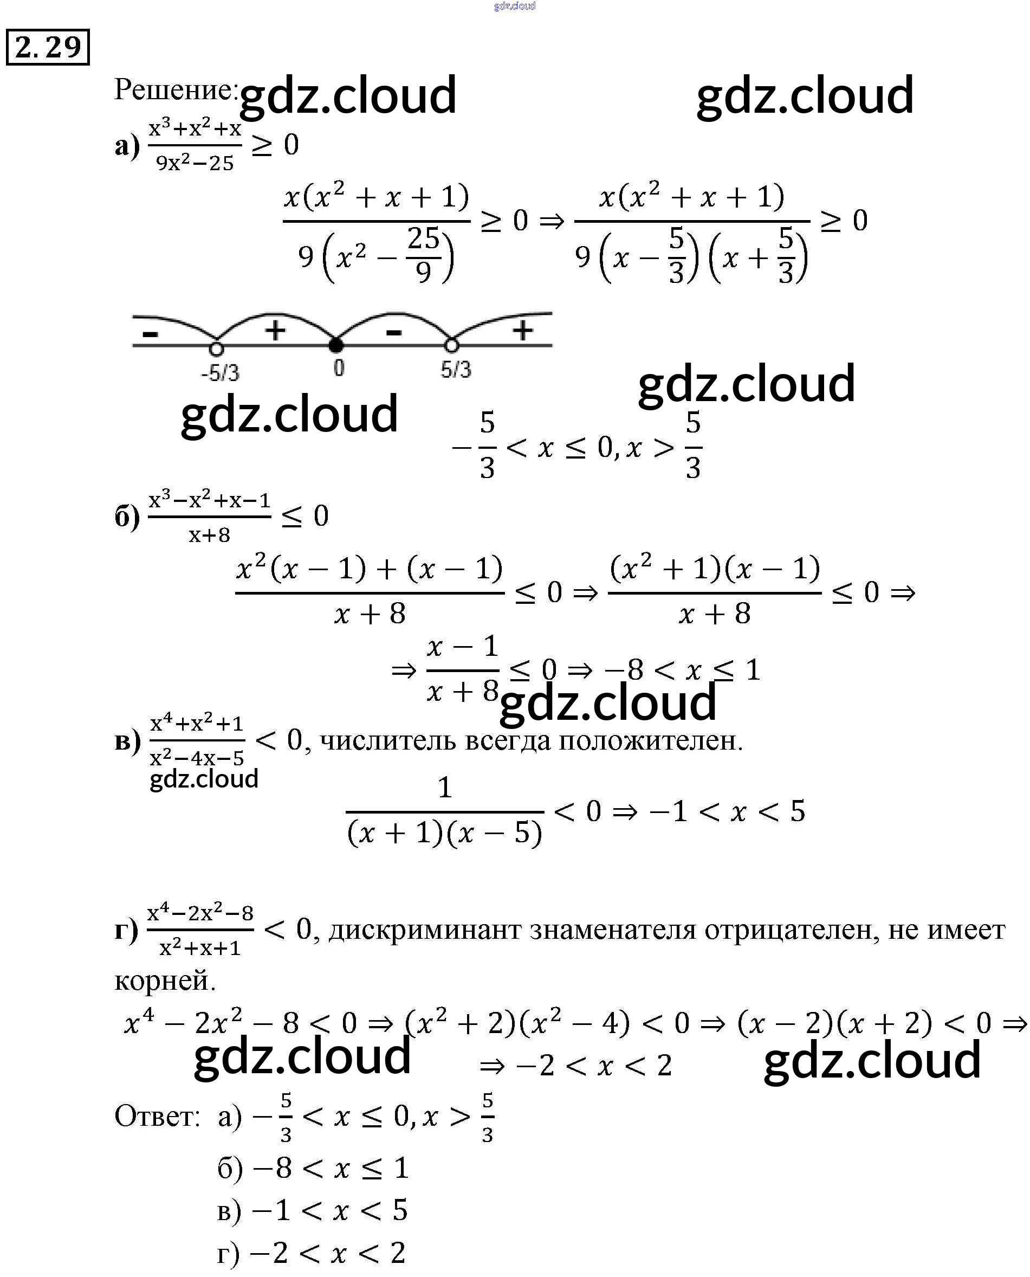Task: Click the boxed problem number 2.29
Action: [x=48, y=47]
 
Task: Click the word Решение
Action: [x=174, y=90]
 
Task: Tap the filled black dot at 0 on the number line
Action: [x=336, y=344]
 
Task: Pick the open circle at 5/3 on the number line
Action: [x=451, y=345]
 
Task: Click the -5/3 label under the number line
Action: [x=220, y=373]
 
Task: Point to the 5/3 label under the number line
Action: [x=456, y=370]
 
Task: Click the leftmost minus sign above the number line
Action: [x=151, y=334]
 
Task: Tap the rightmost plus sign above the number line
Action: [x=523, y=331]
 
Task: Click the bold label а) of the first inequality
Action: [x=127, y=146]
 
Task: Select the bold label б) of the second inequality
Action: [x=127, y=517]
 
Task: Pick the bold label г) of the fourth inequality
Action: [x=126, y=931]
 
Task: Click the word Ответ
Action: [x=157, y=1116]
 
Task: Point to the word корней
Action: [x=164, y=981]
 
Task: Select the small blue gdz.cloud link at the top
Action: [x=514, y=6]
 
